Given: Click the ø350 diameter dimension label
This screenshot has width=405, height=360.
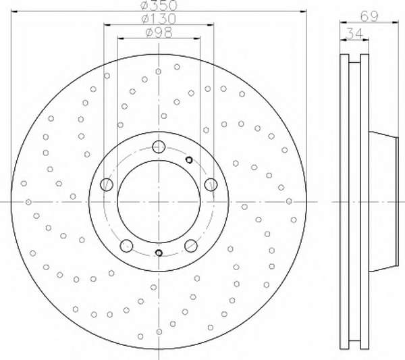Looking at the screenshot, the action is (159, 5).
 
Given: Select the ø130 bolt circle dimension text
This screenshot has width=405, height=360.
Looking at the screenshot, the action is (159, 18).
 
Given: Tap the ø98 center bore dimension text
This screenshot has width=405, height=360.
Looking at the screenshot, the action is (159, 32).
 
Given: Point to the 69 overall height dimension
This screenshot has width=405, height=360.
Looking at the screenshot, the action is (369, 16).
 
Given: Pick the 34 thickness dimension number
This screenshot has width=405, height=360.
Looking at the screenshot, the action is (354, 33).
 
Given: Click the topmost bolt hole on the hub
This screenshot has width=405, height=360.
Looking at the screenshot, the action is (159, 147).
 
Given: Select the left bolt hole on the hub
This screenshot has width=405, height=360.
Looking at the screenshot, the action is (107, 184).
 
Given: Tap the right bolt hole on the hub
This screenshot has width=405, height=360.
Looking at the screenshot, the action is (211, 184).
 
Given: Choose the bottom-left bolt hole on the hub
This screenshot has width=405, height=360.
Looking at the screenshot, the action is (126, 245).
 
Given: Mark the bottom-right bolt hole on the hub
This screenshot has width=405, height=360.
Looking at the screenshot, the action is (191, 245).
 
